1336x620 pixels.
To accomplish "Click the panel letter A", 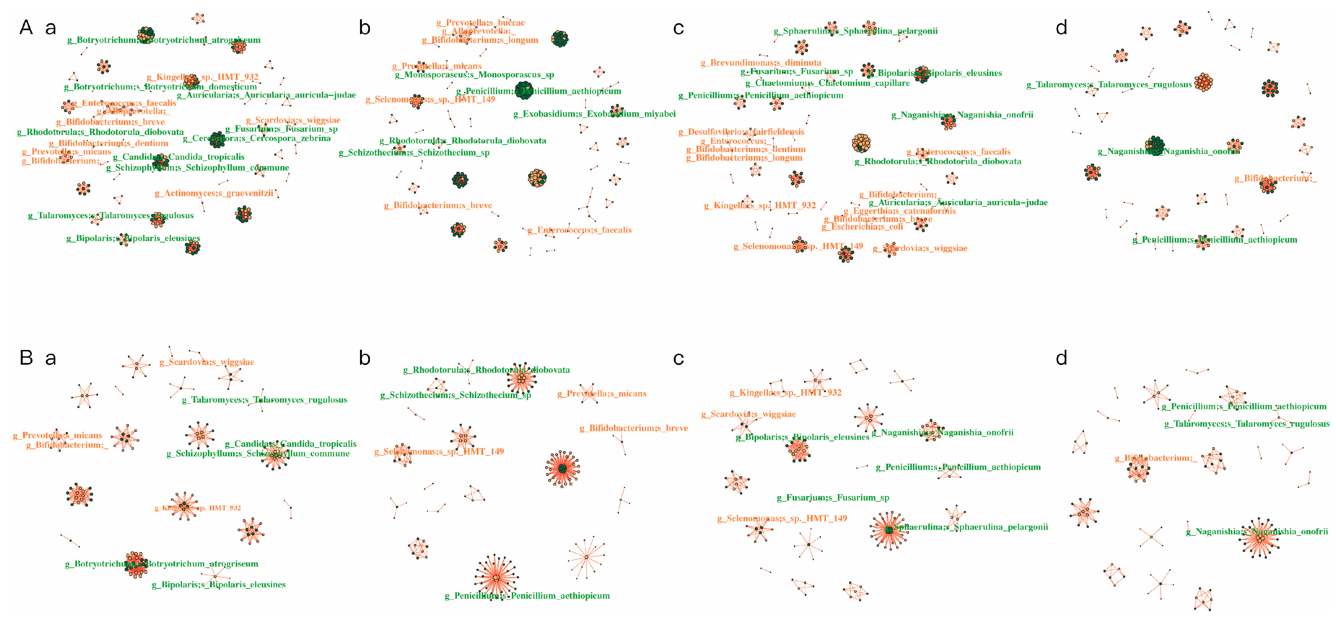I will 26,28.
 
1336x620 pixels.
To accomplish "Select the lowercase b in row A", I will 364,28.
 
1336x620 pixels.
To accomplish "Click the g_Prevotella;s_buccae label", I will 480,23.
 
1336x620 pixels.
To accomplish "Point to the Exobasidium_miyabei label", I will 594,114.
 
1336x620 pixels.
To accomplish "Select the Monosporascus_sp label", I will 474,75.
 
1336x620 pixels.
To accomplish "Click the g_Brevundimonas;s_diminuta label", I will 761,63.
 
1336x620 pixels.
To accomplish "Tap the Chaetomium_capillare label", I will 827,83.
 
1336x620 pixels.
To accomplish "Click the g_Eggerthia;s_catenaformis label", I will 899,211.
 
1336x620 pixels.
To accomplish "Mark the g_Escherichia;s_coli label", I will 862,227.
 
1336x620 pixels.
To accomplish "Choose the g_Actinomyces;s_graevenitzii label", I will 214,193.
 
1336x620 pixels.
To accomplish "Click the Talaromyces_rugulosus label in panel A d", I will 1109,85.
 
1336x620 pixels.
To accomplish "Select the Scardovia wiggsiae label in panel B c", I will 748,414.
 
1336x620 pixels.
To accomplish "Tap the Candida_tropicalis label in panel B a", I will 290,444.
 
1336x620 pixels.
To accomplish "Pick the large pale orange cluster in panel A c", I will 861,143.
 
